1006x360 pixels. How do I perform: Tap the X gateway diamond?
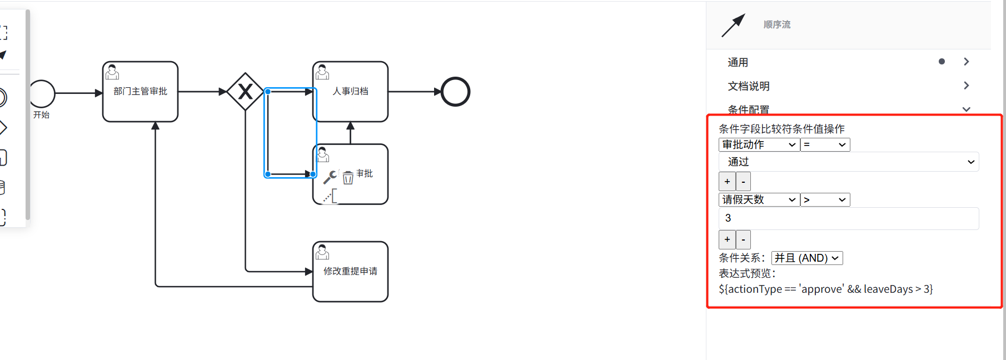[245, 92]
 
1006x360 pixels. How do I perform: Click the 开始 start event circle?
[42, 93]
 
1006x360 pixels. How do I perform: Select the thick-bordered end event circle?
[455, 92]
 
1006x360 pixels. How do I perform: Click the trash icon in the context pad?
[348, 178]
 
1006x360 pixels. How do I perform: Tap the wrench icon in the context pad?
[330, 177]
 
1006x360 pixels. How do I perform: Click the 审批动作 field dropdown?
[759, 145]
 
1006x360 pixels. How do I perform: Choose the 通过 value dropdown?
[849, 162]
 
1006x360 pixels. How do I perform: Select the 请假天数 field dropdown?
[759, 200]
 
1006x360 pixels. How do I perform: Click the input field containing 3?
[849, 218]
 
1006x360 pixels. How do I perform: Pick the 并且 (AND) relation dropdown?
[806, 258]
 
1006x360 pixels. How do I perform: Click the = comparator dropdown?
[825, 145]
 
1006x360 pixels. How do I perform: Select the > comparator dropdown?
[825, 200]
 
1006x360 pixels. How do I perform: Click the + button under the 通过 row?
[727, 182]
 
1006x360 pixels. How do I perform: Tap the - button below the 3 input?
[743, 239]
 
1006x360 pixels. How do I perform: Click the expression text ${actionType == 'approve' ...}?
[825, 289]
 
